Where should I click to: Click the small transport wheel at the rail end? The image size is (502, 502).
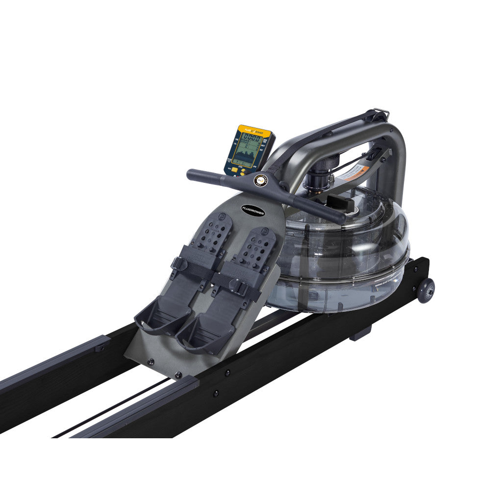pos(426,290)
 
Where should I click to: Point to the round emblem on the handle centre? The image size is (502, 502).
pos(259,180)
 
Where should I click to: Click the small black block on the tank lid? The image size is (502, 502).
pos(339,201)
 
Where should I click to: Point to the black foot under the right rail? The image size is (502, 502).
pos(360,333)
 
